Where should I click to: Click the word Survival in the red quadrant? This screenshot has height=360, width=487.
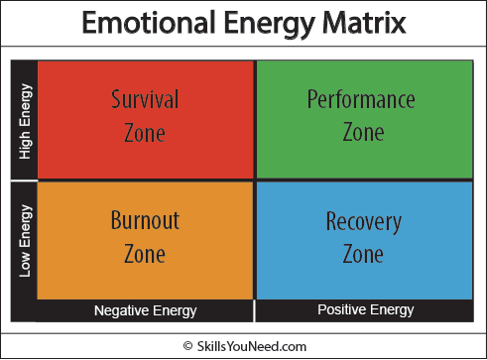pos(145,99)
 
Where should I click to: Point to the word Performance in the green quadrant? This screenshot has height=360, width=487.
pos(361,99)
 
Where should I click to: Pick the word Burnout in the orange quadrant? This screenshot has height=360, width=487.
pos(145,221)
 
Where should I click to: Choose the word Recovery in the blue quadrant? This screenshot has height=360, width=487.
pos(363,221)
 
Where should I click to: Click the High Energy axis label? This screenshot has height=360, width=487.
pos(24,119)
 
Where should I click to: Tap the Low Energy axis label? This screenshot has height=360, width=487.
pos(24,239)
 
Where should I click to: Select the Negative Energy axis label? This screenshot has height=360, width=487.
pos(145,310)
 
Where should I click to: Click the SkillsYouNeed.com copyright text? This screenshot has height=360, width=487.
pos(251,343)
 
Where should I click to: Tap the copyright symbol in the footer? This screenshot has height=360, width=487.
pos(188,343)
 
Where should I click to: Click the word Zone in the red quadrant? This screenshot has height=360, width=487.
pos(145,132)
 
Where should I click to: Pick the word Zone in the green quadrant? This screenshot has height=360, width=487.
pos(363,132)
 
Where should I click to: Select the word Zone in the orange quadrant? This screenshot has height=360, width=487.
pos(145,254)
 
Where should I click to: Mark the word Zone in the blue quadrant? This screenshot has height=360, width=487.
pos(363,254)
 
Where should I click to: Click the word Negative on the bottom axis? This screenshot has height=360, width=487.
pos(122,310)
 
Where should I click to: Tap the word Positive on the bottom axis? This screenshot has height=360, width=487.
pos(340,310)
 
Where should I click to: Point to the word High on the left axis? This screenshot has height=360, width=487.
pos(24,145)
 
